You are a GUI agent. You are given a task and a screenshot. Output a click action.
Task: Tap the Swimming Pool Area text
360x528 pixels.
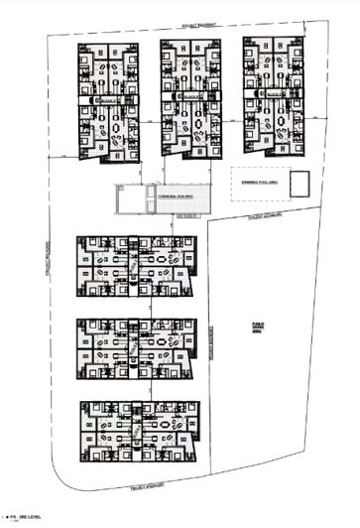[257, 181]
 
